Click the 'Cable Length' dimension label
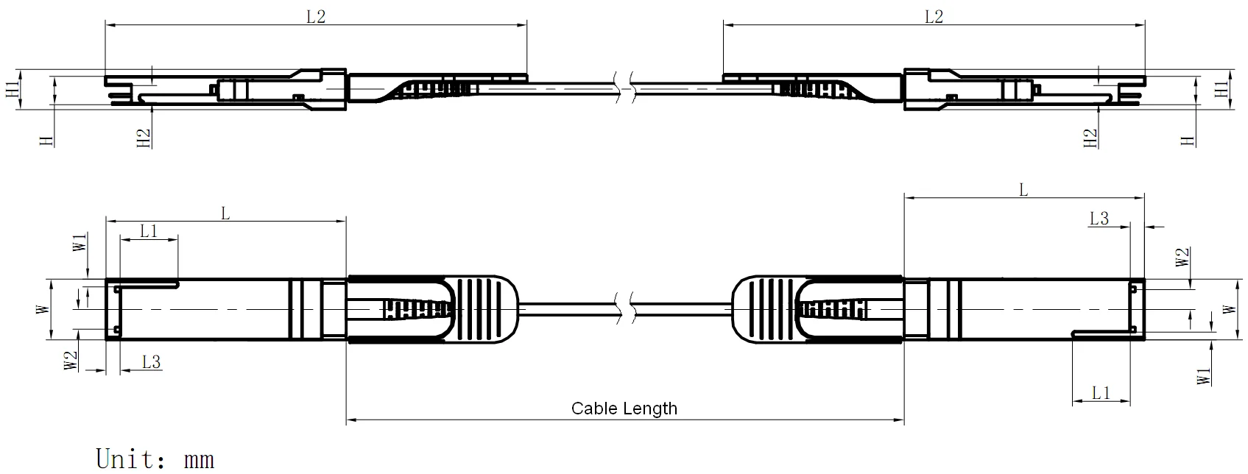pyautogui.click(x=624, y=408)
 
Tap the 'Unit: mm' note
pyautogui.click(x=155, y=459)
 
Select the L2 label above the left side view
pyautogui.click(x=316, y=16)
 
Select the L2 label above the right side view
pyautogui.click(x=934, y=16)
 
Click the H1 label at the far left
pyautogui.click(x=13, y=90)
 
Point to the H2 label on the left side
pyautogui.click(x=144, y=138)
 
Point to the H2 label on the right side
pyautogui.click(x=1090, y=138)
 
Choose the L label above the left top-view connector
pyautogui.click(x=226, y=213)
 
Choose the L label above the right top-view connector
pyautogui.click(x=1023, y=191)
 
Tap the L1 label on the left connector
pyautogui.click(x=149, y=231)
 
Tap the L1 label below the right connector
pyautogui.click(x=1101, y=393)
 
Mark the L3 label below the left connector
pyautogui.click(x=151, y=361)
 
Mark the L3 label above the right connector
pyautogui.click(x=1099, y=219)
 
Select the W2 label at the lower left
pyautogui.click(x=71, y=361)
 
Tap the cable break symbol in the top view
pyautogui.click(x=624, y=308)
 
